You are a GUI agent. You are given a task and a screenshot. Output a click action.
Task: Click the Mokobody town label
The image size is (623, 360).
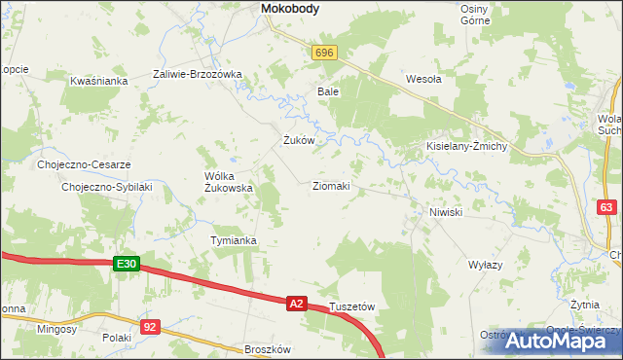tap(292, 9)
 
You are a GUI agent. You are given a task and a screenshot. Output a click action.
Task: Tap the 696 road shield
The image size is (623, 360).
tap(325, 54)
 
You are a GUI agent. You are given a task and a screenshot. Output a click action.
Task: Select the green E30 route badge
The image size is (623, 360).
tap(128, 264)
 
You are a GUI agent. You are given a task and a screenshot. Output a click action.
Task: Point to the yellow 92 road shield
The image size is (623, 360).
tap(149, 327)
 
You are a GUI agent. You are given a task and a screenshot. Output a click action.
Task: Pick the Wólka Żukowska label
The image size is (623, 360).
tap(229, 182)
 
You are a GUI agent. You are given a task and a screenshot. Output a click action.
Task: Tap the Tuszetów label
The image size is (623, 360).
tap(352, 306)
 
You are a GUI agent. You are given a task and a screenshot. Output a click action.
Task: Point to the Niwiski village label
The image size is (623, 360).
tap(444, 211)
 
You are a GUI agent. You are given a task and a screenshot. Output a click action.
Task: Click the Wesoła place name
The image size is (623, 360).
tap(423, 80)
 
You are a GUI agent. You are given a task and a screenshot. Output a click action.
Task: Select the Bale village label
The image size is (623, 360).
tap(327, 91)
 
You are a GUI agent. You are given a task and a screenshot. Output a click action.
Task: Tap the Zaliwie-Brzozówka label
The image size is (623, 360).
tap(197, 74)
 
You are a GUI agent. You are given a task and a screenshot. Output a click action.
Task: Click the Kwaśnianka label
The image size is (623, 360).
tap(99, 81)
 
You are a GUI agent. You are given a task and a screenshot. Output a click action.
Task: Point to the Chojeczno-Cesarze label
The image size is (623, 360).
tap(84, 164)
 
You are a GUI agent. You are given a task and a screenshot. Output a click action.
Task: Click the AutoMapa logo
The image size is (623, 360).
tap(564, 342)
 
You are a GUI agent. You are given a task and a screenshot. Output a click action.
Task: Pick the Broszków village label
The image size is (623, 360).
tap(268, 348)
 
